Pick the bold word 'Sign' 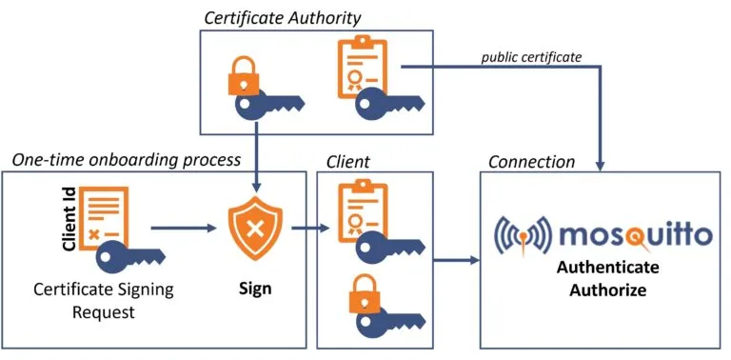[254, 288]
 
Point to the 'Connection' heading [531, 161]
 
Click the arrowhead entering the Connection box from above [602, 163]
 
